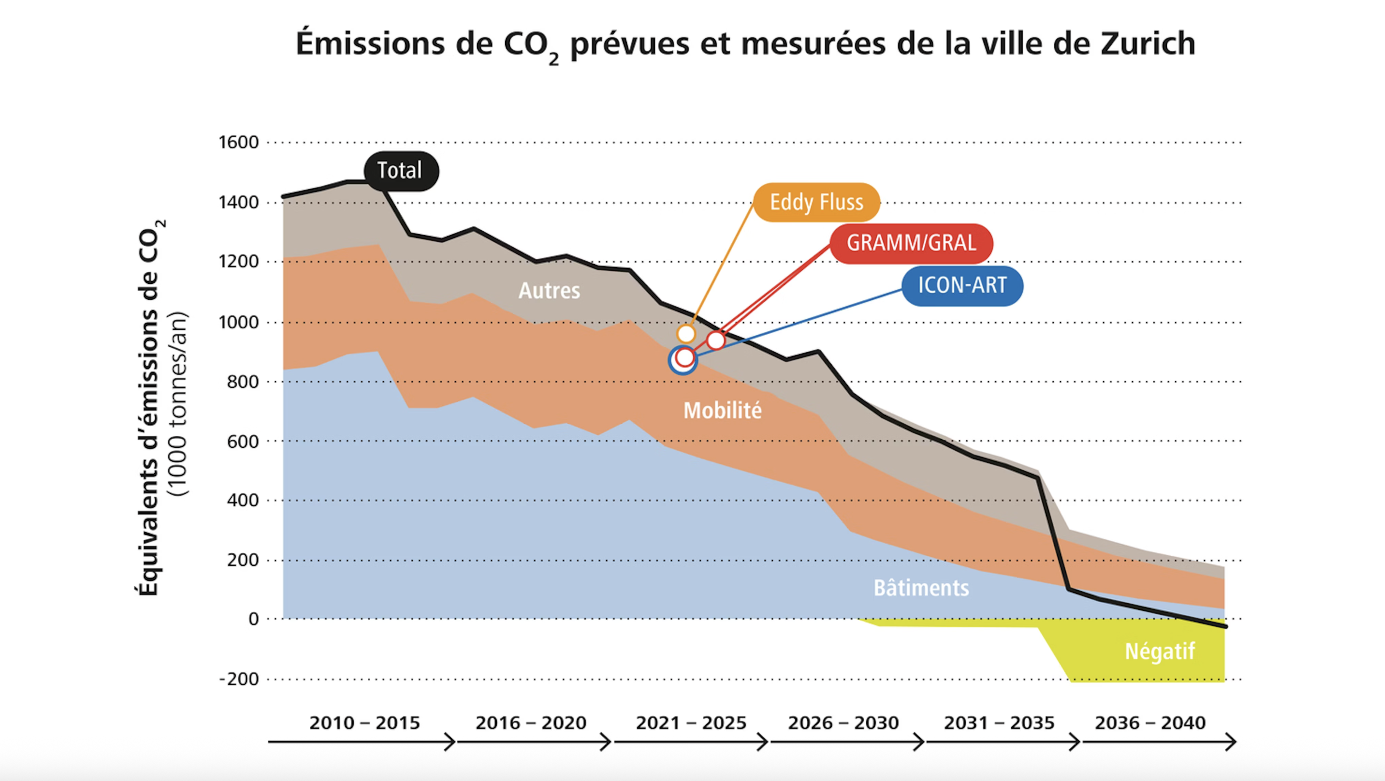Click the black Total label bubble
tap(401, 171)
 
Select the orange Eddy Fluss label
tap(816, 202)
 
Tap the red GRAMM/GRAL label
tap(911, 243)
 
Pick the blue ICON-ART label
tap(961, 285)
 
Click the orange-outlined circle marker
tap(686, 334)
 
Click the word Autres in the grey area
tap(549, 290)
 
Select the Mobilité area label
tap(722, 411)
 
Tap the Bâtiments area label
tap(921, 588)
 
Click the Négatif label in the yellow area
tap(1159, 651)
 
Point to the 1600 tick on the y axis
tap(238, 142)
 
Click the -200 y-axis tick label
tap(238, 679)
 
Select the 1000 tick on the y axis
tap(238, 322)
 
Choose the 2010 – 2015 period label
tap(365, 723)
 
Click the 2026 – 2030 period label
tap(843, 723)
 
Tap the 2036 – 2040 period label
tap(1150, 723)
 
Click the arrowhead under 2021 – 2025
tap(763, 742)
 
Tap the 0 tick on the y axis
tap(253, 619)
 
